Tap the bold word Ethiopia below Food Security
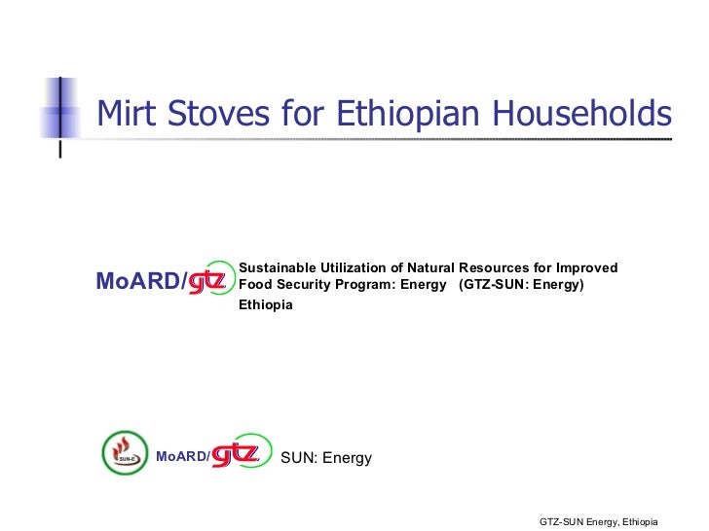[x=266, y=304]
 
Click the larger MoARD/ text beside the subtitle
[x=141, y=282]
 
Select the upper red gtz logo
[x=207, y=281]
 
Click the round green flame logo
[x=125, y=453]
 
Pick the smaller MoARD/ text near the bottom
[x=182, y=456]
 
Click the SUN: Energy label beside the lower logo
[x=325, y=457]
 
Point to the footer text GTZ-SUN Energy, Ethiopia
[x=599, y=522]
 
